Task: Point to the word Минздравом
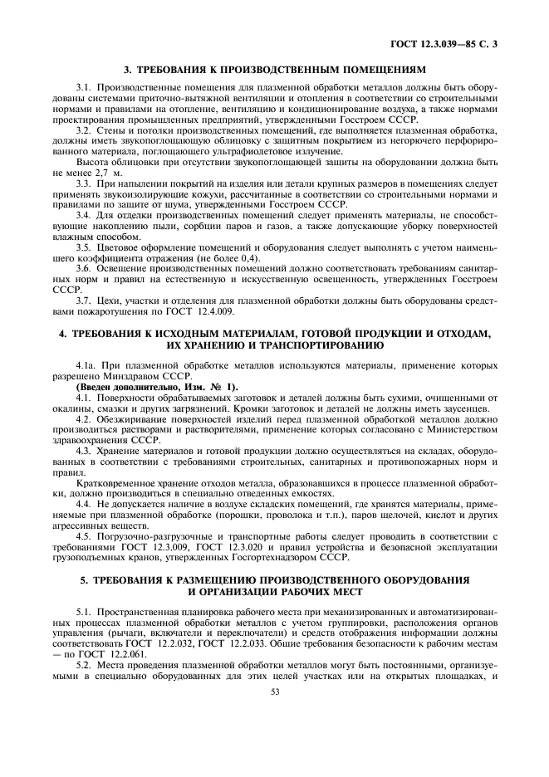tap(120, 377)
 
